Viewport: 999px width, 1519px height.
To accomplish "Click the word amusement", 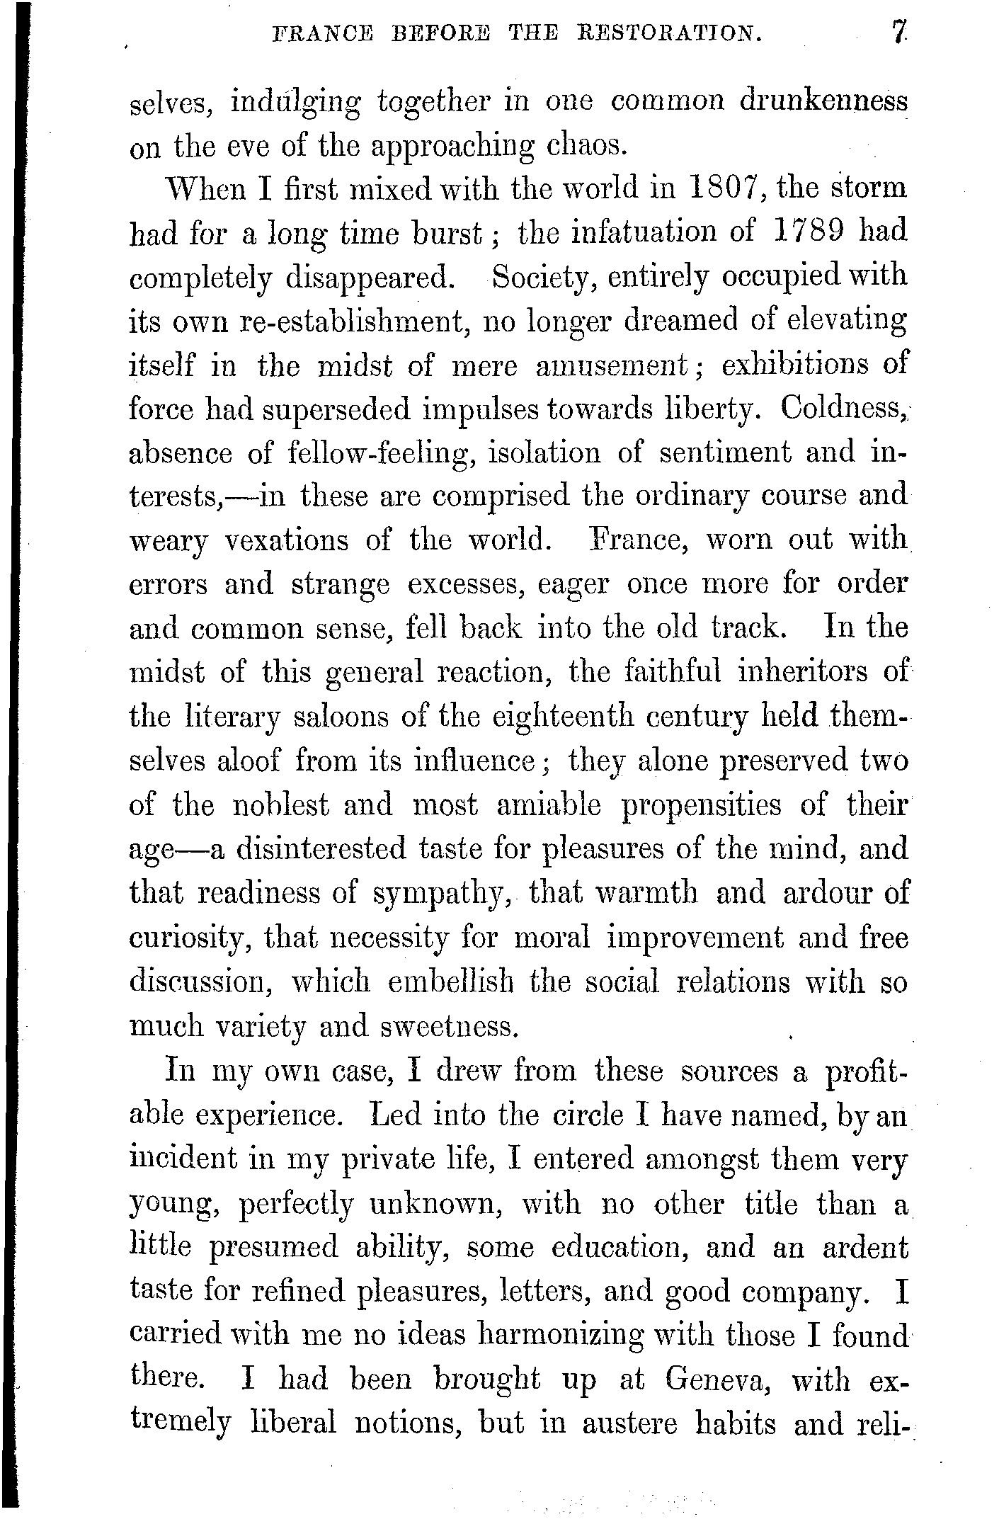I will (x=611, y=365).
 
